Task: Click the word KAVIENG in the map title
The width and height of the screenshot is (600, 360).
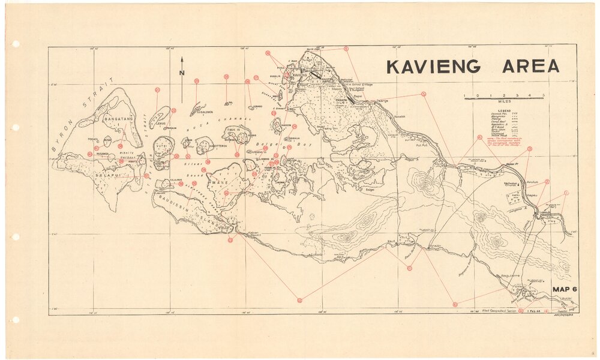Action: pos(433,67)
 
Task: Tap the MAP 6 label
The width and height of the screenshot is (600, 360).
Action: pos(565,289)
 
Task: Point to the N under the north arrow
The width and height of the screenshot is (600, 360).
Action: pos(182,73)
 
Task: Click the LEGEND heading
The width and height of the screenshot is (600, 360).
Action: pos(503,112)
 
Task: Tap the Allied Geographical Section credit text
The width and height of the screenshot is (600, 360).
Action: pos(496,311)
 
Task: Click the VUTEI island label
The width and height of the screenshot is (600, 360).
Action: pos(161,146)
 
